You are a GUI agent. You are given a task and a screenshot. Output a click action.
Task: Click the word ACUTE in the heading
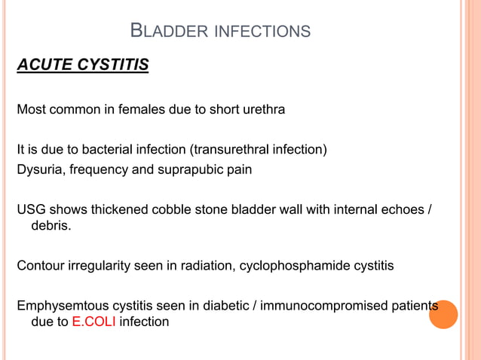(x=44, y=66)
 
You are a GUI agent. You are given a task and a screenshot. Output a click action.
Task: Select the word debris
(x=50, y=226)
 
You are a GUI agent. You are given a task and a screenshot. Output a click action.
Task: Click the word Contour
(x=41, y=266)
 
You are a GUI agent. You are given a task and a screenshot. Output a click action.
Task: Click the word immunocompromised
(x=321, y=306)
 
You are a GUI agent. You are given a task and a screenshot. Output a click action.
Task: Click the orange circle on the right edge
(x=443, y=314)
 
